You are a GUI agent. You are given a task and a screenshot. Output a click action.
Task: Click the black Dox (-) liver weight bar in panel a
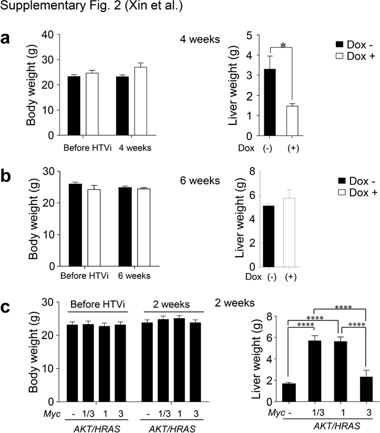point(270,102)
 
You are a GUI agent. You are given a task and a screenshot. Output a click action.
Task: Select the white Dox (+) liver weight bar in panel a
point(292,121)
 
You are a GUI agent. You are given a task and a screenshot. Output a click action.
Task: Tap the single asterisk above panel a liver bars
point(283,45)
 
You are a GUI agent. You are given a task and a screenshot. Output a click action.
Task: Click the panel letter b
point(6,176)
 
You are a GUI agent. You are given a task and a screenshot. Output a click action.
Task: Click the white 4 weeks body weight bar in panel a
point(140,101)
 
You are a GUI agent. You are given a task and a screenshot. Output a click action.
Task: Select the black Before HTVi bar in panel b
point(75,225)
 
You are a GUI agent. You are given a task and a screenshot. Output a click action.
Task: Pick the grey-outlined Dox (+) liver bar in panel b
point(289,233)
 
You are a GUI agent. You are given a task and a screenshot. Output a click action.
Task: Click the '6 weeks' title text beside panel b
point(200,181)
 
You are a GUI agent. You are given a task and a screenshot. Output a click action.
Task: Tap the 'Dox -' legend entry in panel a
point(355,45)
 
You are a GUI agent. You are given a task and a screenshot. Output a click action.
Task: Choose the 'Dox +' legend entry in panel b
point(357,193)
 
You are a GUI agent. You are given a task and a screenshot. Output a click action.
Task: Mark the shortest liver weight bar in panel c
point(289,393)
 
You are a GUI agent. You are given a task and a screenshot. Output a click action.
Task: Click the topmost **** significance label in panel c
point(343,307)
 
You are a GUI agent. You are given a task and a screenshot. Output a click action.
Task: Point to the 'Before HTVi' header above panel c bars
point(98,304)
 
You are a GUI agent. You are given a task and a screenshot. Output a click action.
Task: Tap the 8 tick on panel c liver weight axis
point(274,316)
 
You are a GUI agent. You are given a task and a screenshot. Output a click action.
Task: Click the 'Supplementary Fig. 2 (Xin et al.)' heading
point(91,6)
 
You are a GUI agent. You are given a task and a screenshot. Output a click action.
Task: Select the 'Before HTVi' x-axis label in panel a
point(87,148)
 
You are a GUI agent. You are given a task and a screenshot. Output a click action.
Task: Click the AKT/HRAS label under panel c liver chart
point(336,426)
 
